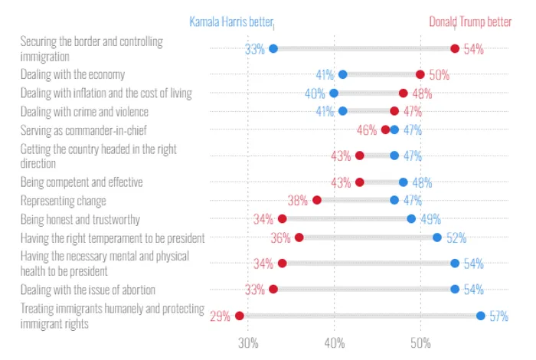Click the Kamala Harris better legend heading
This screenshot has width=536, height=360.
tap(231, 22)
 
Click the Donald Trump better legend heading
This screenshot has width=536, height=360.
tap(470, 22)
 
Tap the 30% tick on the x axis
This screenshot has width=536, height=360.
tap(248, 343)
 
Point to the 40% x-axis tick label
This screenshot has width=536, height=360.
tap(335, 343)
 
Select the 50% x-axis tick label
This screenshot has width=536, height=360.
tap(420, 343)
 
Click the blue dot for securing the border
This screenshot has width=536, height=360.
tap(273, 48)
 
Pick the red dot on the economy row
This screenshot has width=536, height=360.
tap(420, 74)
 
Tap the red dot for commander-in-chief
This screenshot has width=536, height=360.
tap(386, 129)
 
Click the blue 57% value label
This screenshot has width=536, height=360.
tap(498, 316)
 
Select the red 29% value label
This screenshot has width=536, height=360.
tap(220, 316)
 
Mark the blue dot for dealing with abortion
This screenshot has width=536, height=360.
tap(455, 290)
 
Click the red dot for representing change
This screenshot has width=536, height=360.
tap(317, 200)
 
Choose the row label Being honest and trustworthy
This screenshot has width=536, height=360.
tap(80, 220)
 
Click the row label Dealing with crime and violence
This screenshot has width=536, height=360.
tap(84, 112)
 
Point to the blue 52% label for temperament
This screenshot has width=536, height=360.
tap(456, 237)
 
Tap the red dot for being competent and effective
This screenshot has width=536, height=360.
tap(360, 182)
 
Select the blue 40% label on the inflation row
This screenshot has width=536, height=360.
tap(315, 93)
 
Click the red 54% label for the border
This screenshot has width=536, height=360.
tap(473, 49)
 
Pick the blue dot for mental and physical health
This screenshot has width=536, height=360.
tap(455, 263)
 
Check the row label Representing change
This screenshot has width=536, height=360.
tap(64, 201)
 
